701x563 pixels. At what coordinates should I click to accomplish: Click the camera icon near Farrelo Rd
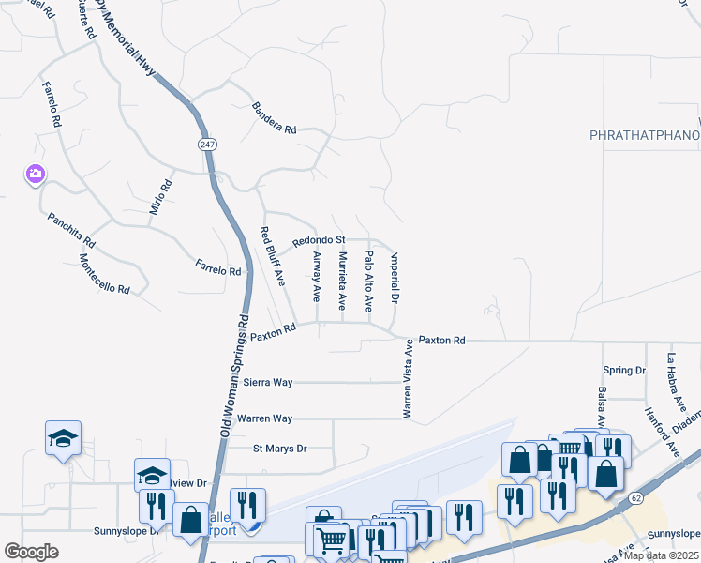click(36, 174)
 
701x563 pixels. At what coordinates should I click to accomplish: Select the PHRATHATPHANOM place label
click(645, 136)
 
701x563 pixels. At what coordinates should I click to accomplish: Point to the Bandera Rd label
click(274, 117)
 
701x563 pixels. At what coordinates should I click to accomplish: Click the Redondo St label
click(319, 241)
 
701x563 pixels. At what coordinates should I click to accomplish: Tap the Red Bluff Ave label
click(272, 256)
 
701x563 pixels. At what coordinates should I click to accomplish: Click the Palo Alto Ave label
click(369, 281)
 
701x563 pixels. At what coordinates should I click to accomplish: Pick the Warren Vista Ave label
click(408, 378)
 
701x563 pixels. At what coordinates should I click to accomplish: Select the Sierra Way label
click(268, 383)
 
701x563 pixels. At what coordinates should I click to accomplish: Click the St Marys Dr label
click(280, 449)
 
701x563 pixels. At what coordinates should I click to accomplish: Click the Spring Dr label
click(625, 371)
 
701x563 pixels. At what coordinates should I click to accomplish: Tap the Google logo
click(31, 552)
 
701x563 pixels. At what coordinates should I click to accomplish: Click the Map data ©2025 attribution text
click(661, 555)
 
